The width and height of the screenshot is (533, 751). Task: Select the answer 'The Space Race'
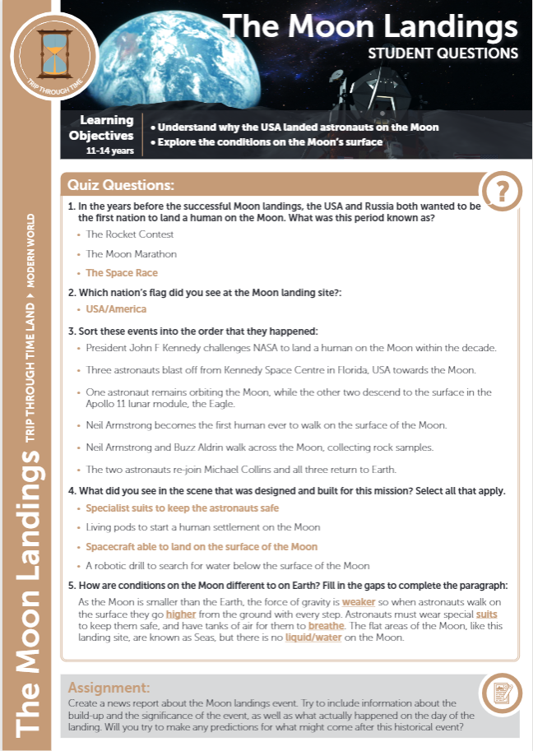[x=121, y=273]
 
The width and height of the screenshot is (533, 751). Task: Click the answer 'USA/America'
[x=116, y=309]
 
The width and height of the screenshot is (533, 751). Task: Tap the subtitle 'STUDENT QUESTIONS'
[x=443, y=53]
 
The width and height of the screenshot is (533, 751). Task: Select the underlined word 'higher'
[x=181, y=614]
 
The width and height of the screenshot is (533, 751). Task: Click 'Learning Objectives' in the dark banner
[x=106, y=128]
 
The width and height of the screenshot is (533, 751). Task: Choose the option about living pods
[x=203, y=527]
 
